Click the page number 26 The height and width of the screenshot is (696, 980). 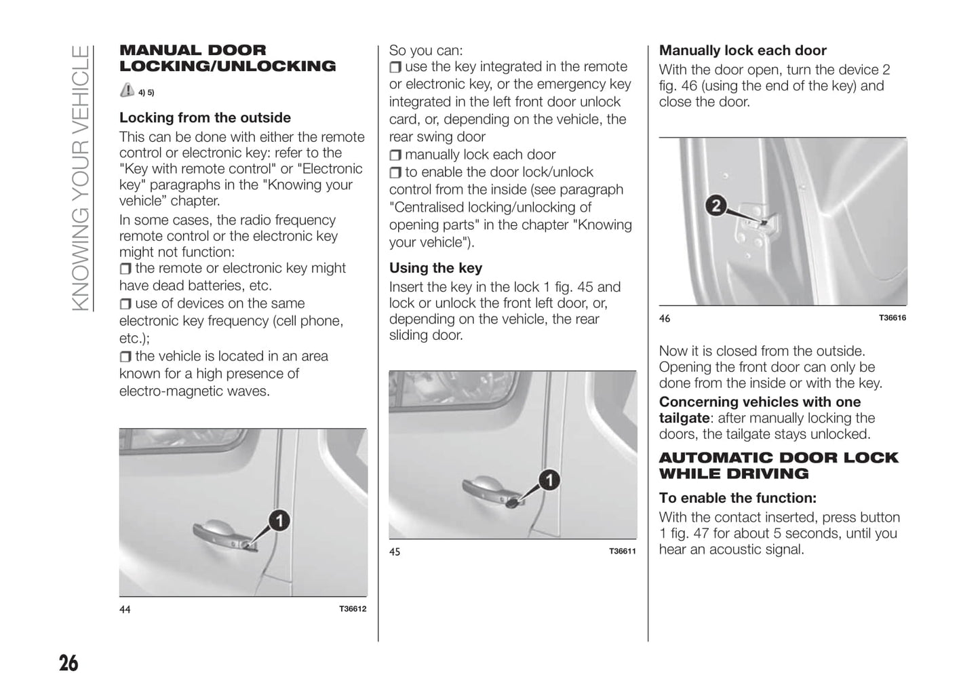coord(68,662)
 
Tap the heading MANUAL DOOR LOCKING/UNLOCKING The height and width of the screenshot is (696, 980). coord(227,58)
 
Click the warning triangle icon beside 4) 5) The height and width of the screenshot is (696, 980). coord(127,90)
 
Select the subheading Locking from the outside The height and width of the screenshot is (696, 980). coord(205,117)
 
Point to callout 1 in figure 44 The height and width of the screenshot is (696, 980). coord(278,521)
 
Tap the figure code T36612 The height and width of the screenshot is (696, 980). coord(353,608)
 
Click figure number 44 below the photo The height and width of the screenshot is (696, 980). coord(125,609)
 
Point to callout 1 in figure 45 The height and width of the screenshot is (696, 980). coord(549,480)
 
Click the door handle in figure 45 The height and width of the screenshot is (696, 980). coord(487,488)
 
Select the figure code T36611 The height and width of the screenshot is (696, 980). coord(623,551)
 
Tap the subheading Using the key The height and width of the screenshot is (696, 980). coord(435,268)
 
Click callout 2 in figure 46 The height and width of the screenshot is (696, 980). coord(716,205)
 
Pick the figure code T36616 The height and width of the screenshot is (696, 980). coord(893,317)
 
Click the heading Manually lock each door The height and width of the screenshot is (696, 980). coord(743,50)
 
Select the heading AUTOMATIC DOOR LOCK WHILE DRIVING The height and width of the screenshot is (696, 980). coord(778,465)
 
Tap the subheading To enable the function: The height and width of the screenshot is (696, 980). coord(737,498)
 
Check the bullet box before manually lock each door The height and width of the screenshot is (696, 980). coord(395,155)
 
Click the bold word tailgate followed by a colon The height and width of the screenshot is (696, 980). coord(684,418)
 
